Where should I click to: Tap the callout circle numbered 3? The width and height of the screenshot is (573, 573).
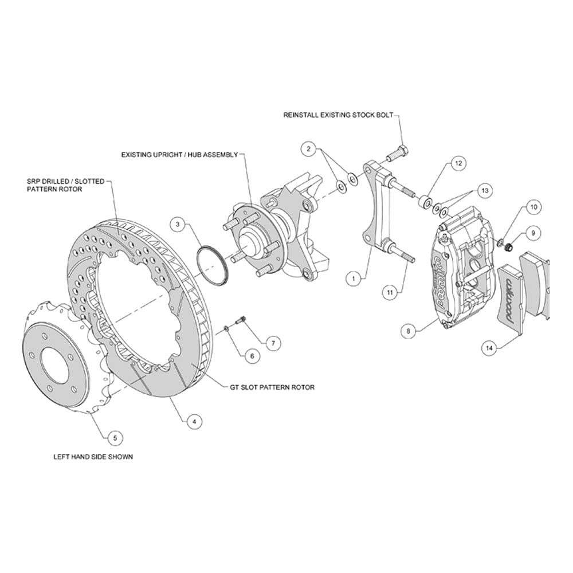click(178, 224)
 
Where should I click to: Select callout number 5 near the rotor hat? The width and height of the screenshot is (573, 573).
click(115, 438)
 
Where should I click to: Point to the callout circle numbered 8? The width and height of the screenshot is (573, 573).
click(408, 331)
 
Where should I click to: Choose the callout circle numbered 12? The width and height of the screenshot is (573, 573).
click(458, 163)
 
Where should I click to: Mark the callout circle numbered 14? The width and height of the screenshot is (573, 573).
click(489, 348)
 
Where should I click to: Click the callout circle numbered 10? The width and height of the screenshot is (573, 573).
click(534, 207)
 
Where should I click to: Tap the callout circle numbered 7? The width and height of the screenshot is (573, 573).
click(273, 343)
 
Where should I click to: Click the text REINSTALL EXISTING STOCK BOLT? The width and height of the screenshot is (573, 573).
click(339, 115)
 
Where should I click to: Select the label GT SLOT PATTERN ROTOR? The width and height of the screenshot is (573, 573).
click(272, 387)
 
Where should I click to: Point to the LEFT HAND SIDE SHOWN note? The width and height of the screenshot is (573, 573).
click(93, 457)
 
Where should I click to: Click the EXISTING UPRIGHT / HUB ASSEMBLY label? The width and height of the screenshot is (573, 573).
click(179, 155)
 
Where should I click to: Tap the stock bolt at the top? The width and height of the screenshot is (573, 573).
click(398, 154)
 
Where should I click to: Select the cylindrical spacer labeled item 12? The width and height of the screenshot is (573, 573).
click(425, 202)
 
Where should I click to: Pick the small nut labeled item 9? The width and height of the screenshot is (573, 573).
click(508, 248)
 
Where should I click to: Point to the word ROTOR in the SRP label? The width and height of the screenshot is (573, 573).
click(72, 189)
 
